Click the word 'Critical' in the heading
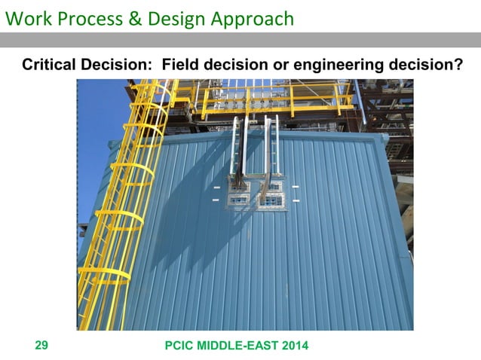49,66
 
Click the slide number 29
41,345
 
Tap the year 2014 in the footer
293,345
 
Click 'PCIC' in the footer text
179,345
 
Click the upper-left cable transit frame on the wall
239,186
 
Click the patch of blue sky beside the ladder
94,113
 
